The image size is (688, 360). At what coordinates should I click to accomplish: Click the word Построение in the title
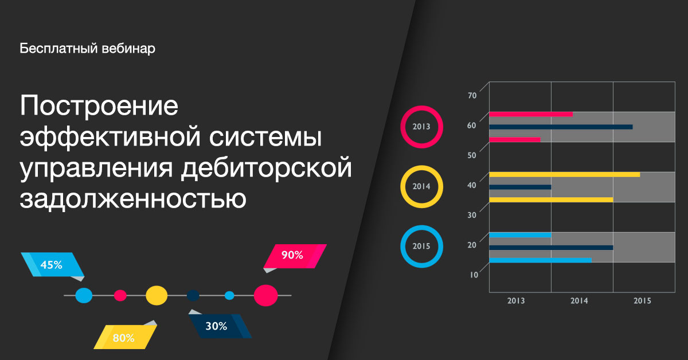click(x=99, y=105)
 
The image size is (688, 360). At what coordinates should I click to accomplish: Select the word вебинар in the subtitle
click(x=128, y=49)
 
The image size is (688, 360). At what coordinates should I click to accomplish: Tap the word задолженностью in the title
click(x=133, y=198)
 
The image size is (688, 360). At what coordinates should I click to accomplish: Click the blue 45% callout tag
click(x=52, y=265)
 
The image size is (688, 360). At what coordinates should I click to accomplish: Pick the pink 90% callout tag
click(x=295, y=256)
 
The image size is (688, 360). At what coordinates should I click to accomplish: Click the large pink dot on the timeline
click(x=265, y=295)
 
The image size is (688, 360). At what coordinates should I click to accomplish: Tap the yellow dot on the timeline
click(x=157, y=295)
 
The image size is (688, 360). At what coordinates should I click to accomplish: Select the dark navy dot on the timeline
click(x=193, y=295)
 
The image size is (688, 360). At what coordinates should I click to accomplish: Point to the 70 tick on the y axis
click(x=472, y=95)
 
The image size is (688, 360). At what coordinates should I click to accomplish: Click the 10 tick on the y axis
click(x=474, y=275)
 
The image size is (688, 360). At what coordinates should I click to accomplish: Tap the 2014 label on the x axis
click(x=579, y=301)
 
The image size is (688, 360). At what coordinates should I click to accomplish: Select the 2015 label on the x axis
click(x=642, y=301)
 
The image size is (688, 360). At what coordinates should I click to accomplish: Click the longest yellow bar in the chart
click(x=565, y=174)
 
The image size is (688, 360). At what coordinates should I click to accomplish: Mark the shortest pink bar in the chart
click(x=515, y=139)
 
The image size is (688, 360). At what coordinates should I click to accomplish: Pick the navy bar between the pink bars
click(x=561, y=127)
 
